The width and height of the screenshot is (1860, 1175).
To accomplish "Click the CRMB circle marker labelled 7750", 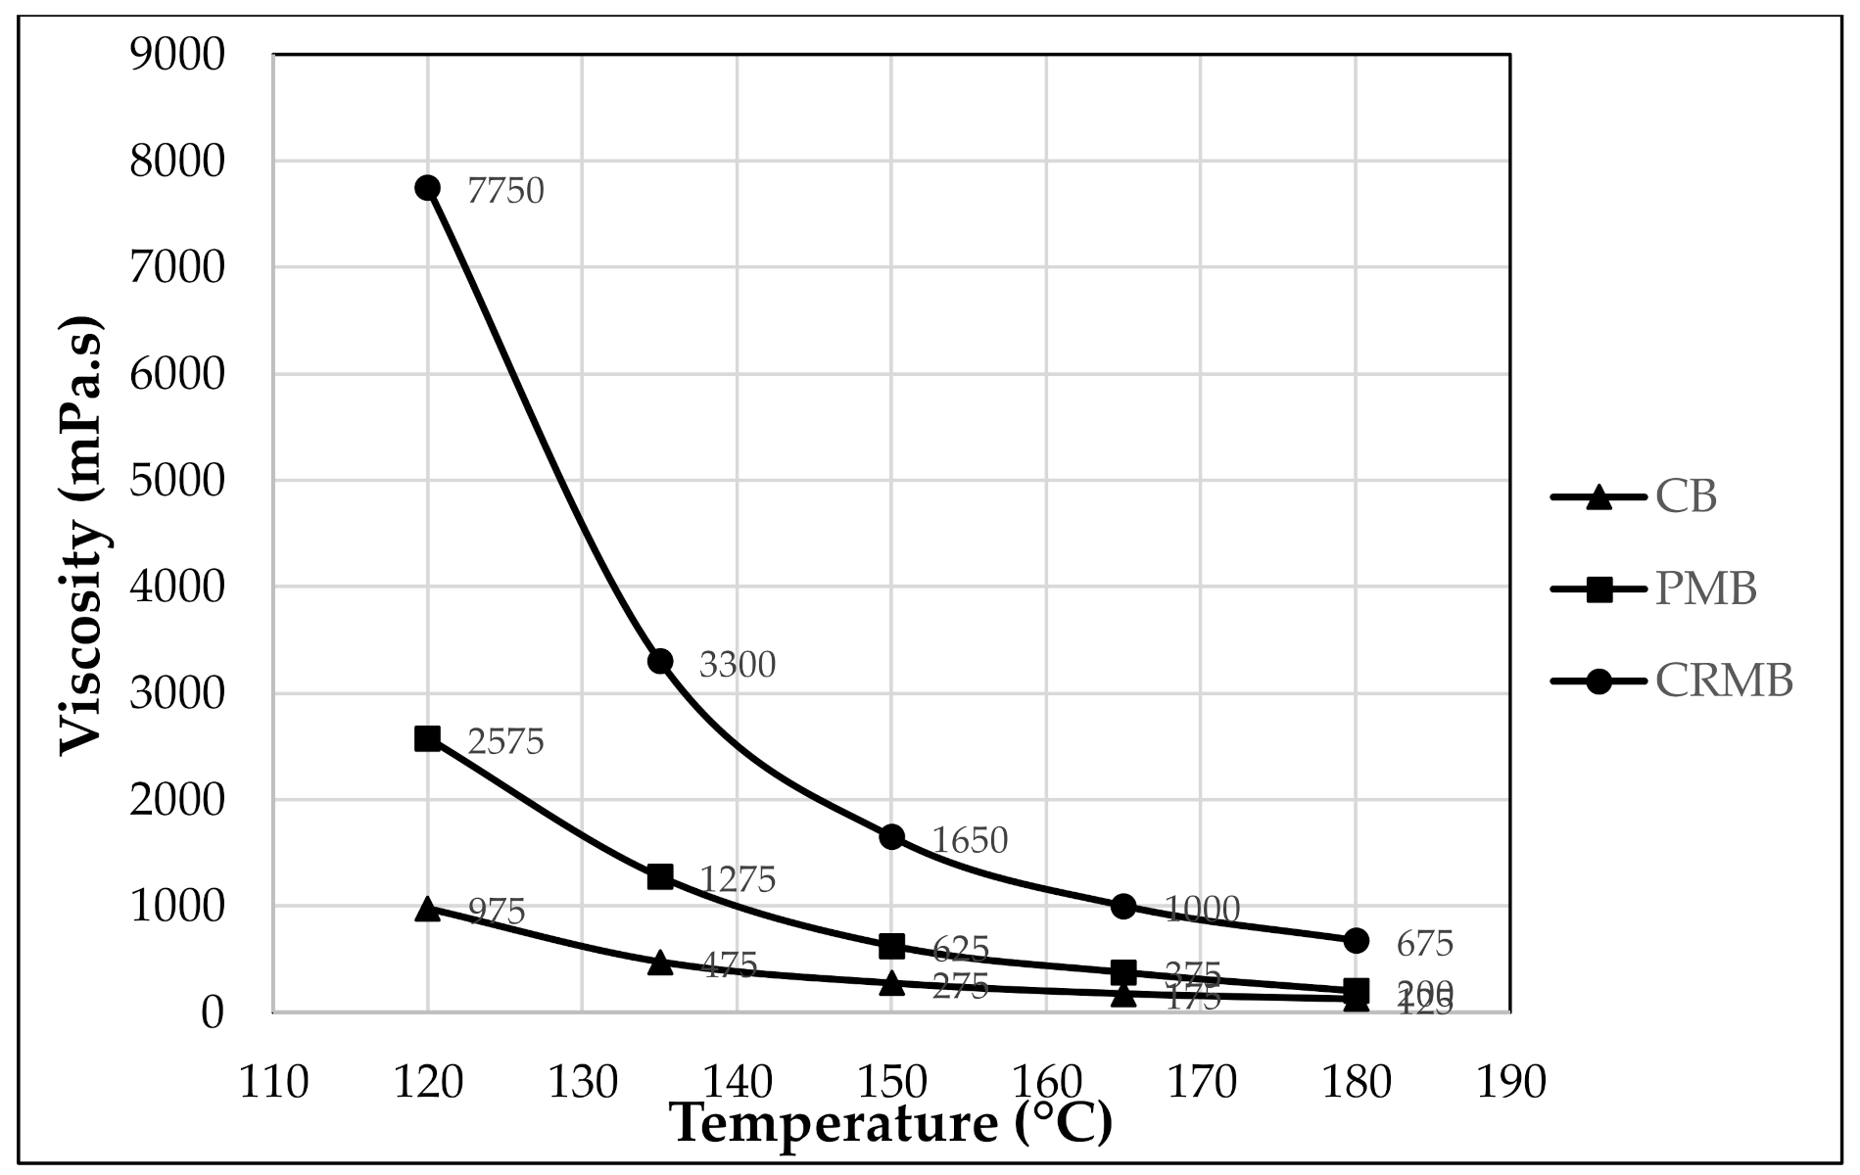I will tap(427, 188).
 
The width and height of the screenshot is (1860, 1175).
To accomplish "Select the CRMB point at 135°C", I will tap(660, 661).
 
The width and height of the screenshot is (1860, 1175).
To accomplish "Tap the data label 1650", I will tap(969, 841).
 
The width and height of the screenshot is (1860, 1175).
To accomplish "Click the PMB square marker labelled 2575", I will tap(427, 738).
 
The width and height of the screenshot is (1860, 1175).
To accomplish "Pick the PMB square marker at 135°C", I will tap(660, 876).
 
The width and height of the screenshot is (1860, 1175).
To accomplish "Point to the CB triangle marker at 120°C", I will tap(427, 909).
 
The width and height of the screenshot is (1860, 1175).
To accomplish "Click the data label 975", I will tap(497, 912).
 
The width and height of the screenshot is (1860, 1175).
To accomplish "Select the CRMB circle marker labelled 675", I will tap(1356, 940).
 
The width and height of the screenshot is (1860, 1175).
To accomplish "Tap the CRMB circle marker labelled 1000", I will tap(1123, 906).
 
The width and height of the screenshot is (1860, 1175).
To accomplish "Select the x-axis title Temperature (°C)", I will tap(891, 1124).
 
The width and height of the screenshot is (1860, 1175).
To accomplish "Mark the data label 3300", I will tap(737, 666).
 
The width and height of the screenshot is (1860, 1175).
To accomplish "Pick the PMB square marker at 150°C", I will tap(891, 946).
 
